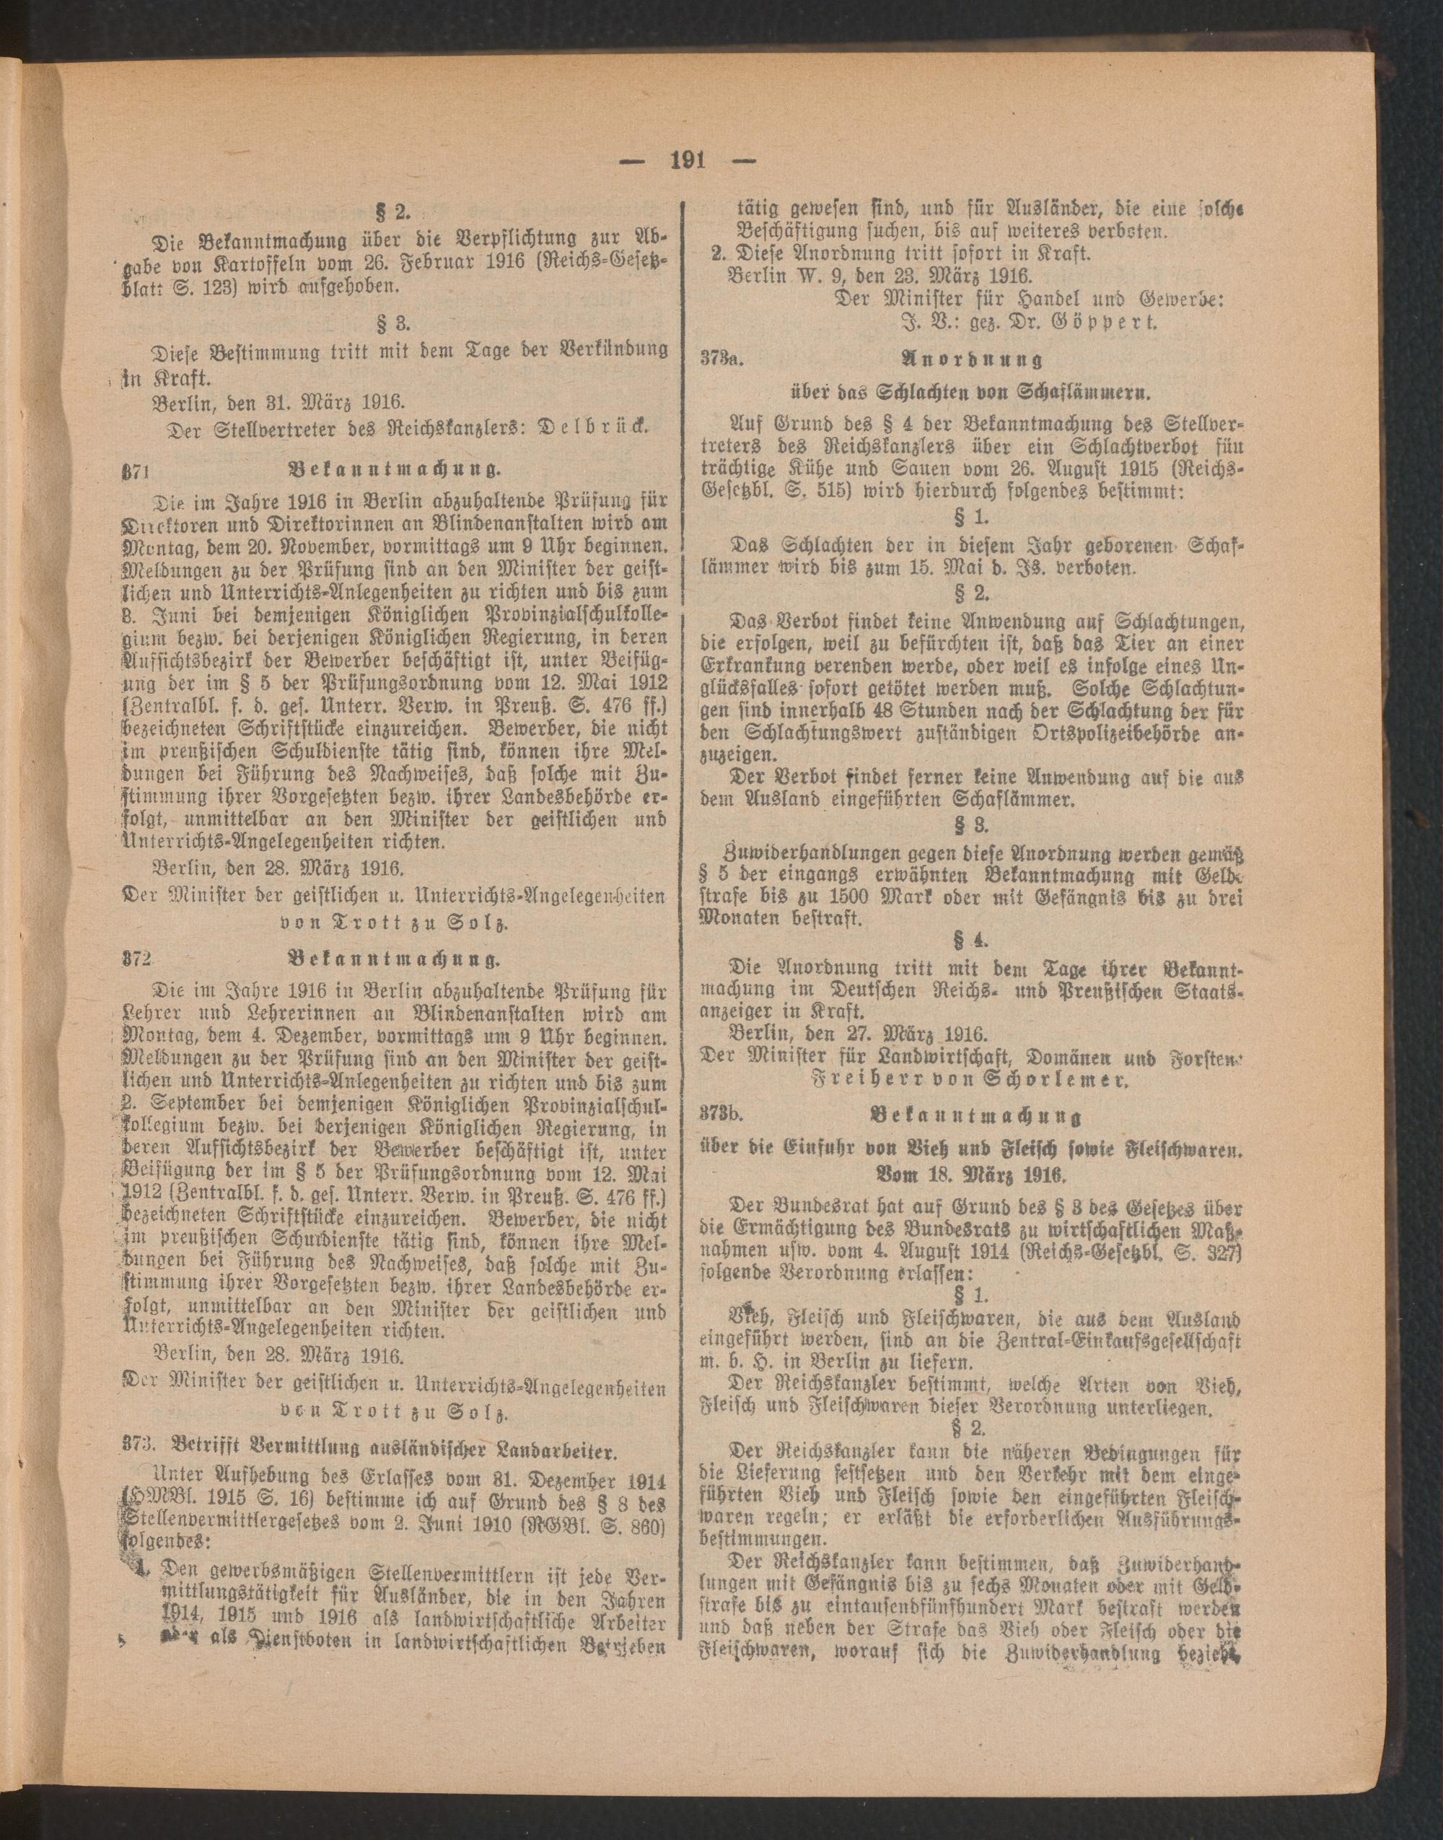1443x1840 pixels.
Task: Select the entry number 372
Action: (x=134, y=959)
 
